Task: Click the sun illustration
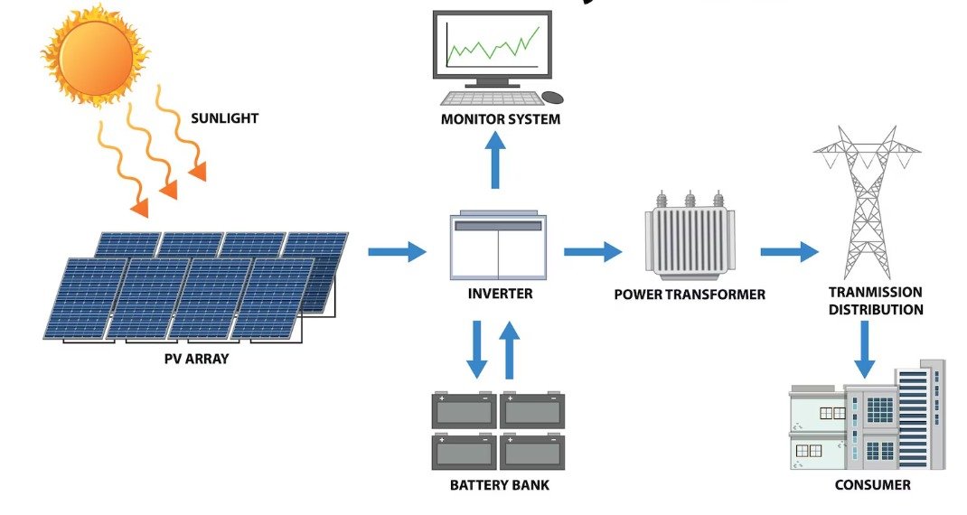94,56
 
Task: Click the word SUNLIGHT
224,117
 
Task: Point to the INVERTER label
500,294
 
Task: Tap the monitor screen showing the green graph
492,46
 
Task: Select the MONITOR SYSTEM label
501,119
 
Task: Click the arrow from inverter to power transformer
593,251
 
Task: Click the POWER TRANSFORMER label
690,295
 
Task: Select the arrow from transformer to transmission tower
789,251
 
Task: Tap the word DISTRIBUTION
876,310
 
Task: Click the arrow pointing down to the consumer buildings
866,348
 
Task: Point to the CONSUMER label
873,485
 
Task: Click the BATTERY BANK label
499,485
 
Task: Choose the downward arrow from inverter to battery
477,350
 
